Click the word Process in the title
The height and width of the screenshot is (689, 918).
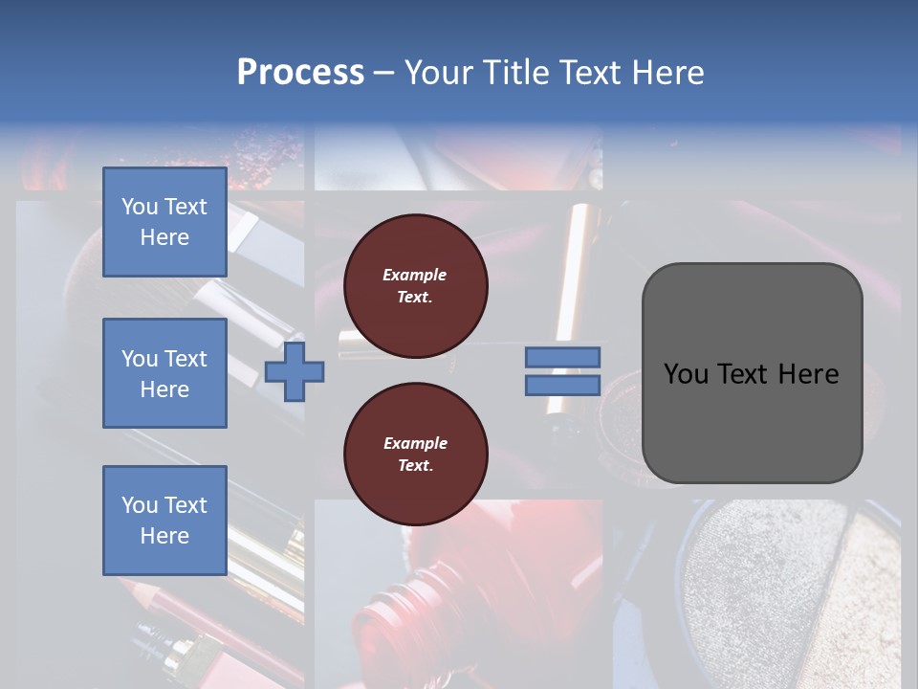300,73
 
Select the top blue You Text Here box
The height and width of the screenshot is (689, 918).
164,222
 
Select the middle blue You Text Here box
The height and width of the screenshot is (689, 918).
164,373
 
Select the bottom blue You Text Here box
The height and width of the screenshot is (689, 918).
164,521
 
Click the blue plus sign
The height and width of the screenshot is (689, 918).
295,372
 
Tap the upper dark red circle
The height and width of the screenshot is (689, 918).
415,286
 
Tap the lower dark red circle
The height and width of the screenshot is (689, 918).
415,455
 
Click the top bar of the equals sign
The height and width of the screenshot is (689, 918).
562,358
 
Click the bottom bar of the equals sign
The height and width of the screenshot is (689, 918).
562,386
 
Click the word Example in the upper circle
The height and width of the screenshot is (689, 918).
415,275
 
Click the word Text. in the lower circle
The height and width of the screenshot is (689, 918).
415,466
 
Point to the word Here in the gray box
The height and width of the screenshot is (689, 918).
808,374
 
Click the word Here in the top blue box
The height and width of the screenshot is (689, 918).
164,237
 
